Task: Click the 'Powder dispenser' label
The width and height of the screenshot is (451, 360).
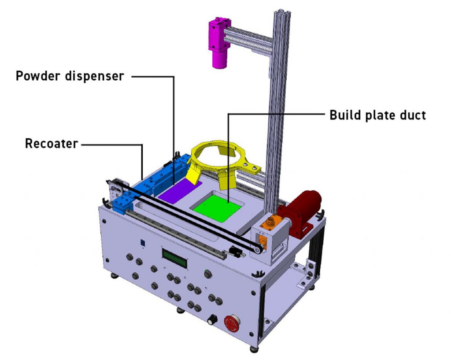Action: tap(70, 76)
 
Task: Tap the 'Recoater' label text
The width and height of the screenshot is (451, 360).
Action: tap(52, 144)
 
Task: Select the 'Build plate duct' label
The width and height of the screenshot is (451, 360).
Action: tap(377, 115)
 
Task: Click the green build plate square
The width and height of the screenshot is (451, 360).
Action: tap(218, 208)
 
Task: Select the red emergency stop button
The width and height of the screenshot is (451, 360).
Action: tap(232, 323)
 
